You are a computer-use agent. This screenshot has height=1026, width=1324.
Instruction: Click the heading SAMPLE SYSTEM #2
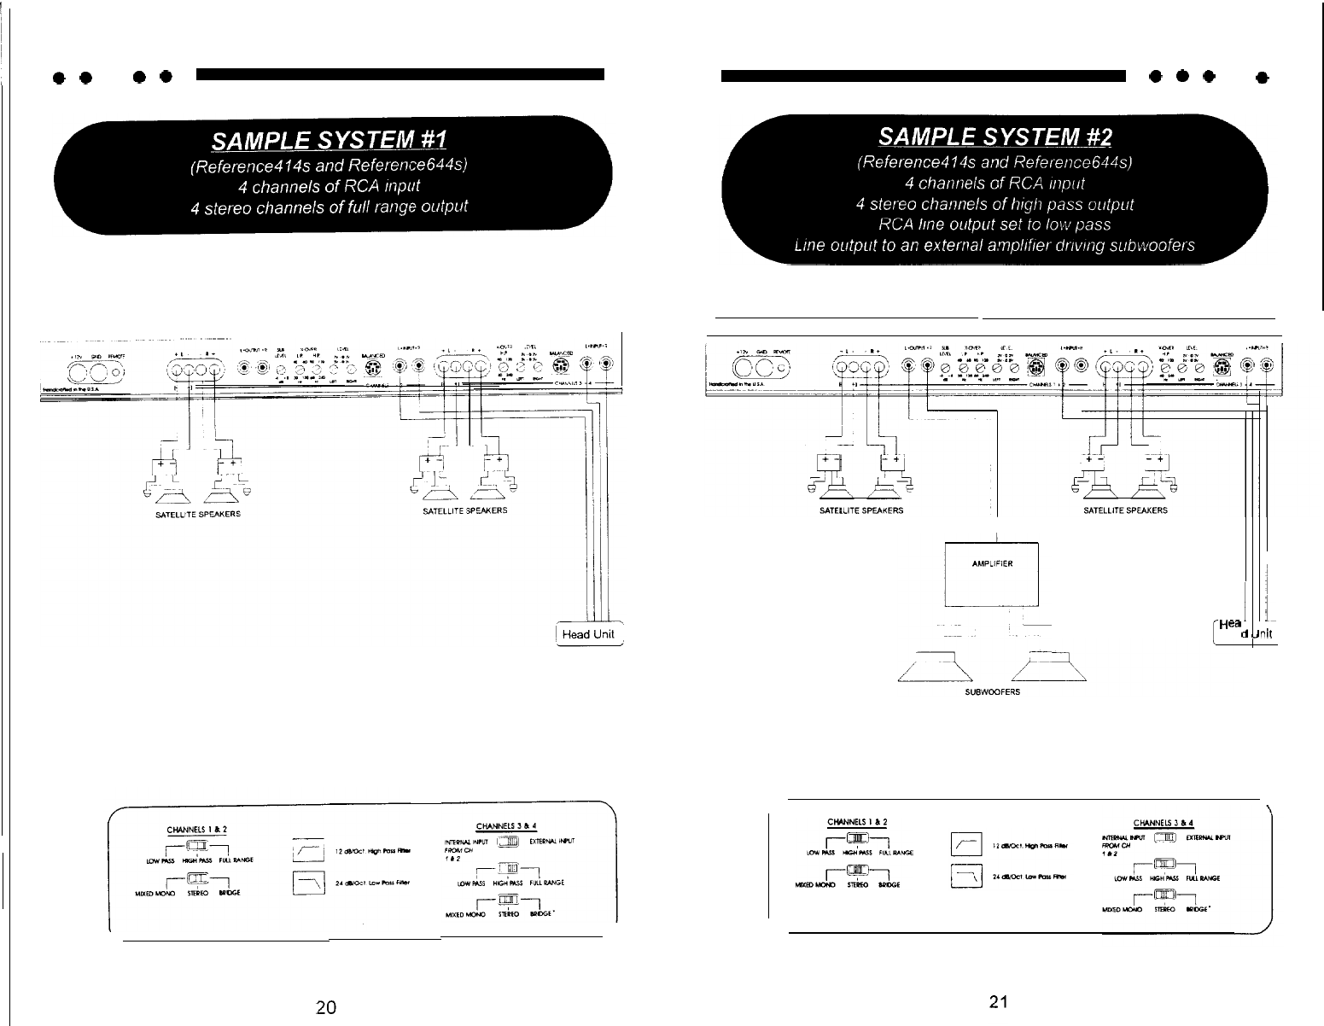(x=995, y=137)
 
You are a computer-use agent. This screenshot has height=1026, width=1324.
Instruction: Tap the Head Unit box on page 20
(x=589, y=634)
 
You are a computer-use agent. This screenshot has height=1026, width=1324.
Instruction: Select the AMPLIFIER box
(x=992, y=573)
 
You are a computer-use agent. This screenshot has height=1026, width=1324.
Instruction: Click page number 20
(x=325, y=1006)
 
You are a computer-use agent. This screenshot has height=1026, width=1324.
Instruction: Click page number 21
(x=994, y=1002)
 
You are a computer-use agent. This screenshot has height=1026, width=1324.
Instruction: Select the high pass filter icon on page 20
(x=306, y=851)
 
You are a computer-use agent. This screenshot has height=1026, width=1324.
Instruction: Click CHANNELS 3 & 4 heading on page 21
(x=1163, y=824)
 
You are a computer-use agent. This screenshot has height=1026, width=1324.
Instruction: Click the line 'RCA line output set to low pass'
(x=994, y=224)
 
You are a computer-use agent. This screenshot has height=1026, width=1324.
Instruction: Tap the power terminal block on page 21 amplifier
(x=754, y=370)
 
